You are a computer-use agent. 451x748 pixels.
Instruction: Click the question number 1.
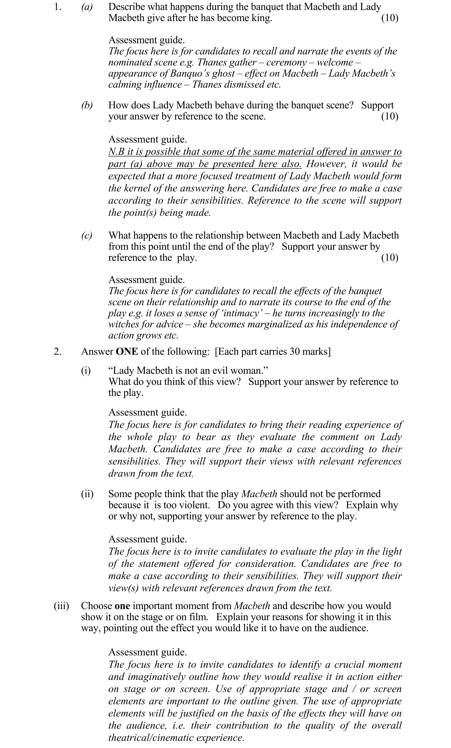[x=57, y=7]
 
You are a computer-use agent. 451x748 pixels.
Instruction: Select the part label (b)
[x=87, y=105]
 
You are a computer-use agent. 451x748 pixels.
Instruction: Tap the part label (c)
[x=87, y=236]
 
